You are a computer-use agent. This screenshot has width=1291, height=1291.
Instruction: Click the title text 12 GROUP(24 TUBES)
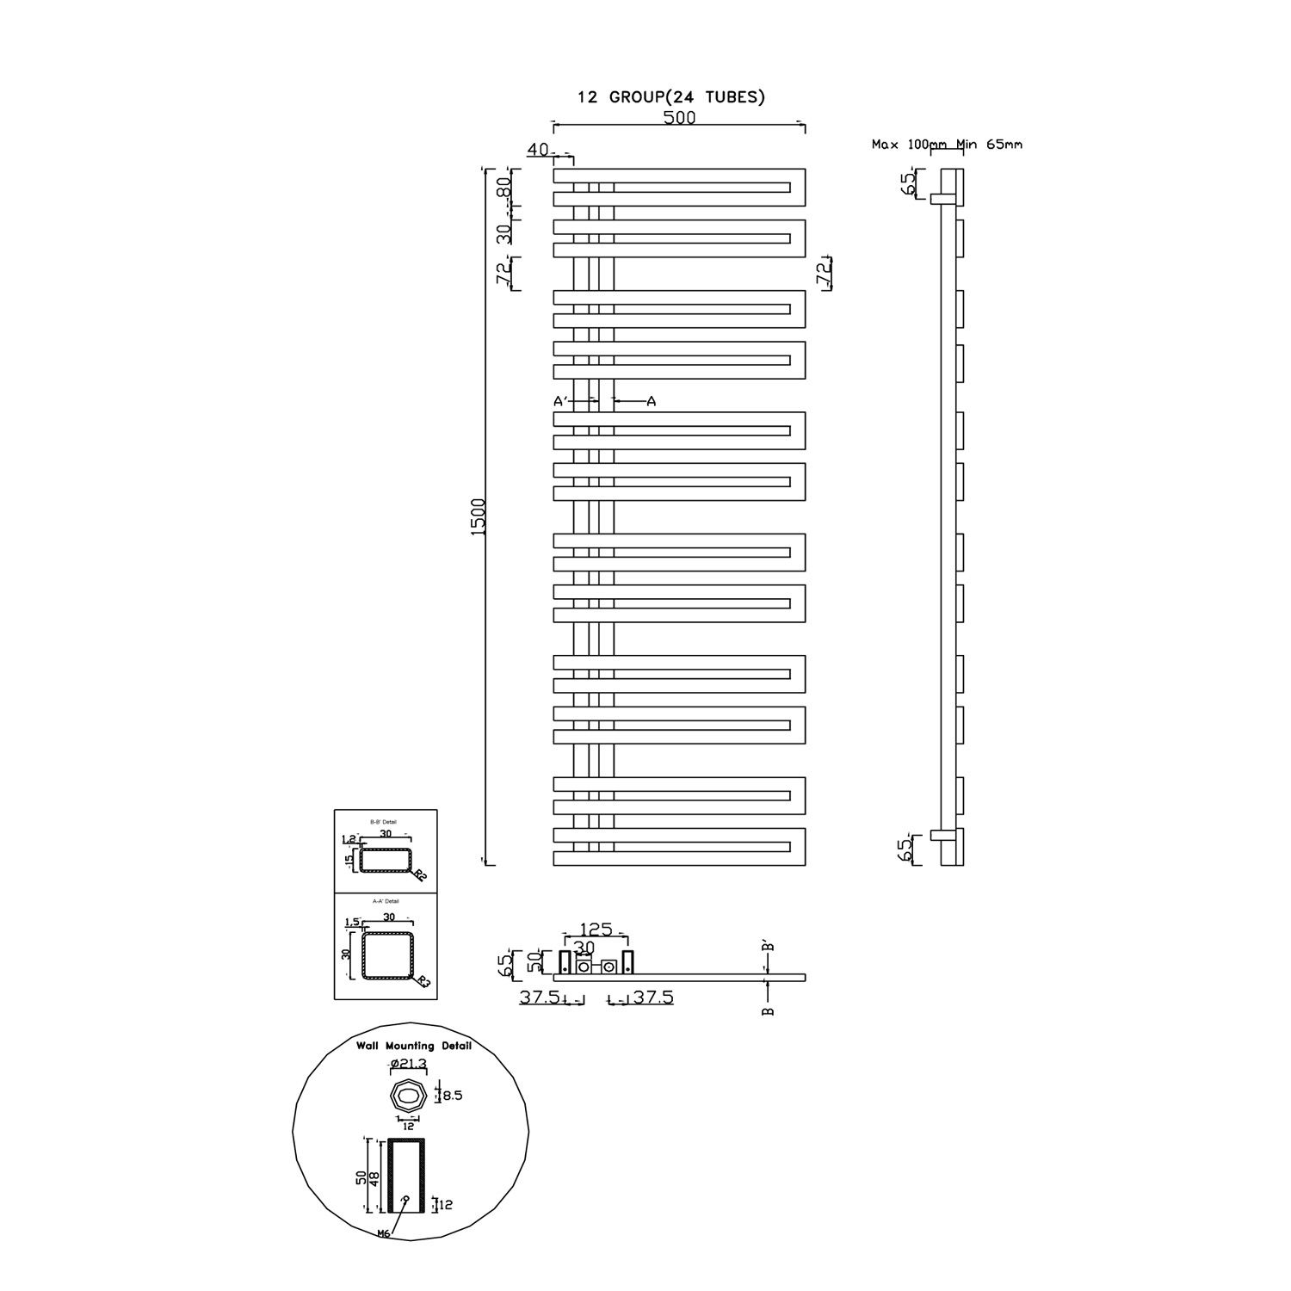671,97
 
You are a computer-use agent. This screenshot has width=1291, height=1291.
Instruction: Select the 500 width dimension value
679,118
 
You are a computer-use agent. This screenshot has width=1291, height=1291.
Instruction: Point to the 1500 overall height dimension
479,516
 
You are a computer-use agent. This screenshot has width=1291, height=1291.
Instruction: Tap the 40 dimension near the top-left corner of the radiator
539,150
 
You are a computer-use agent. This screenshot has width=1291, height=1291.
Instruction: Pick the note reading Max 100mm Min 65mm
947,145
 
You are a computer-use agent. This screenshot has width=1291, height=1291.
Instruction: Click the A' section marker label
559,401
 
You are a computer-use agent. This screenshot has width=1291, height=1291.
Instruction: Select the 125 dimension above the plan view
596,930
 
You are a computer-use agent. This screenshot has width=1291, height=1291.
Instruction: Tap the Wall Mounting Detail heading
414,1046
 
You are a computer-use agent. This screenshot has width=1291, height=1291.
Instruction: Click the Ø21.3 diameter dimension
408,1064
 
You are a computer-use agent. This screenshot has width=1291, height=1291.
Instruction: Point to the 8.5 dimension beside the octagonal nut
453,1096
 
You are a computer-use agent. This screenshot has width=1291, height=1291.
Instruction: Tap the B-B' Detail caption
384,823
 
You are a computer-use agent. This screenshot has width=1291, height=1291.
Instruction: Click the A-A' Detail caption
384,901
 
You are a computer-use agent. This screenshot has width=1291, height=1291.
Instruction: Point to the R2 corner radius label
419,876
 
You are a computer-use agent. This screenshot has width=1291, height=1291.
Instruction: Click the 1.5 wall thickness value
351,923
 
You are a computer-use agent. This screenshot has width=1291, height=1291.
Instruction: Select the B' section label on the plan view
769,947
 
